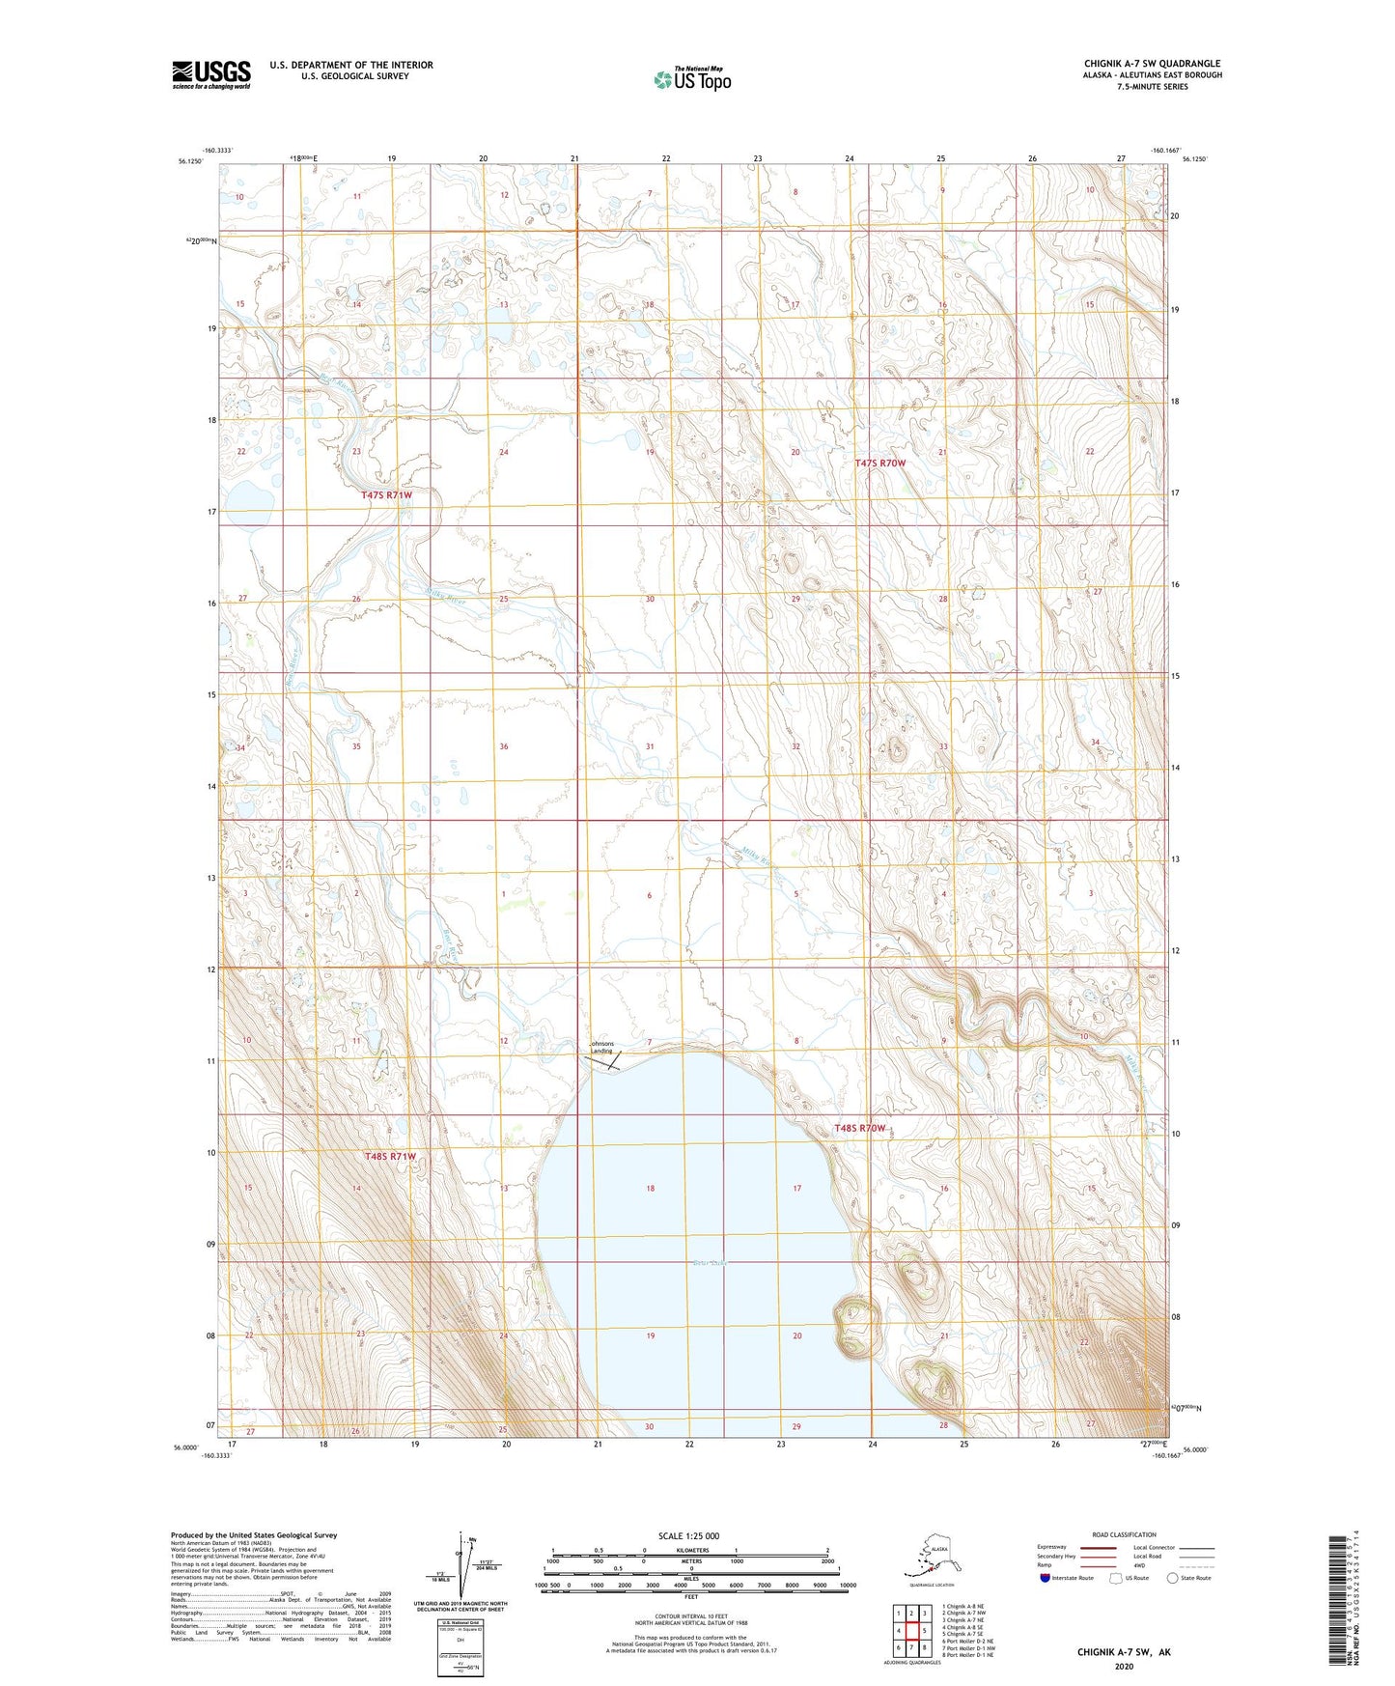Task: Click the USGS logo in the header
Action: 210,74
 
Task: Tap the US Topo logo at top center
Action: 691,78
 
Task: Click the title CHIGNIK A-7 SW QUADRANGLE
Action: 1152,64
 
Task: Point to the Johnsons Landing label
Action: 601,1047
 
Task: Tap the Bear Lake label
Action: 708,1263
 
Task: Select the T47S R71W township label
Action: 387,494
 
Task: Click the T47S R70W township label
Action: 880,464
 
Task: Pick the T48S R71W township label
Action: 390,1156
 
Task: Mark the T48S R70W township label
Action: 859,1128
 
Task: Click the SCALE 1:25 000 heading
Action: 690,1535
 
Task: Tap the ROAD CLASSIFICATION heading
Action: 1124,1534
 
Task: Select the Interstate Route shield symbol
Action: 1046,1578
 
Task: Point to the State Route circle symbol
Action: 1173,1578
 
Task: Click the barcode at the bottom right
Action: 1336,1598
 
